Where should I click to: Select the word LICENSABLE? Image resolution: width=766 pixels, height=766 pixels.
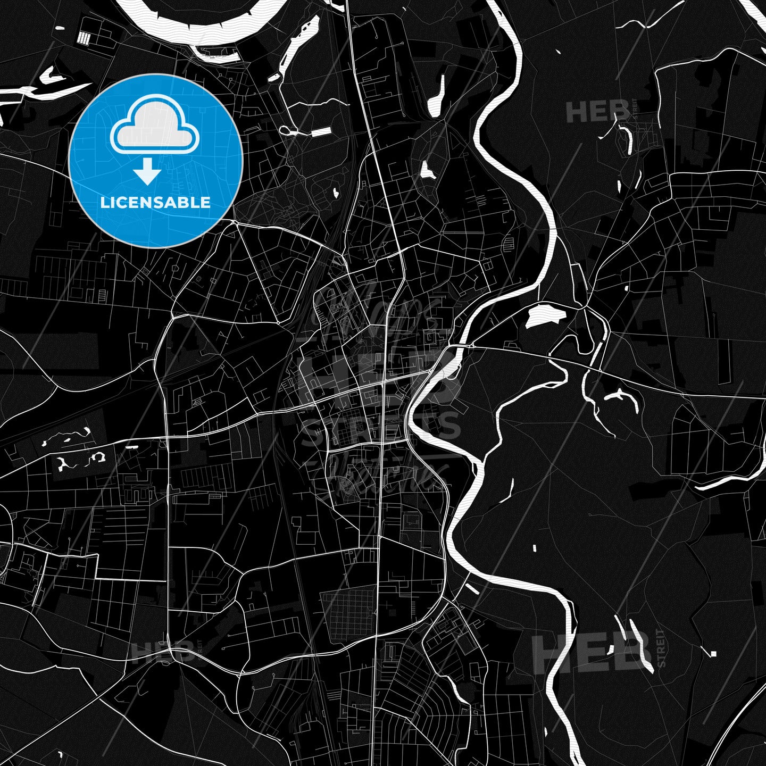click(x=155, y=203)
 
